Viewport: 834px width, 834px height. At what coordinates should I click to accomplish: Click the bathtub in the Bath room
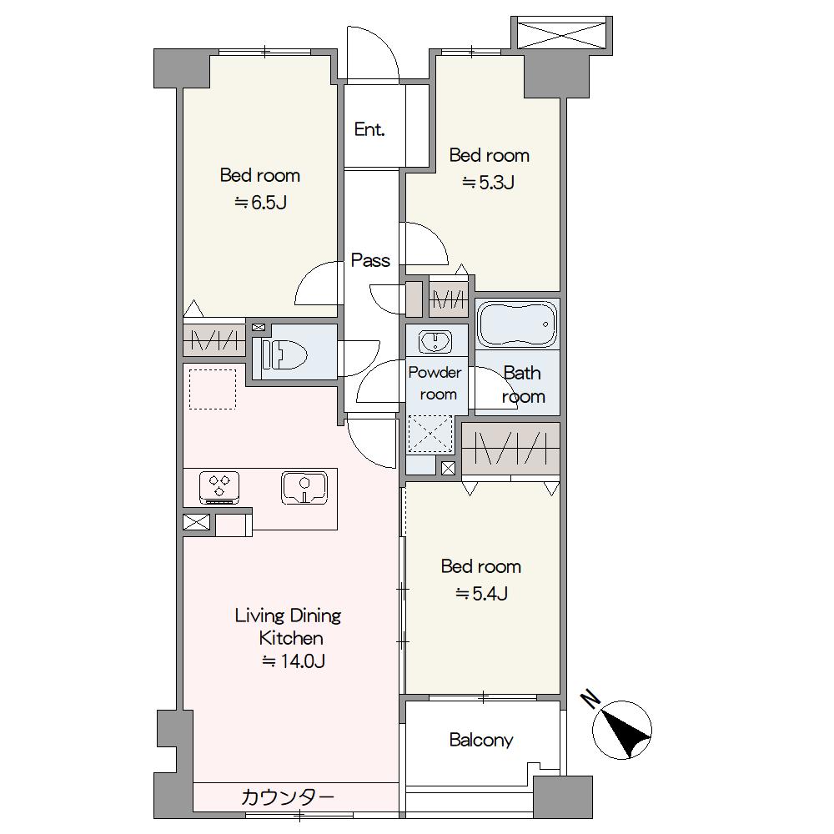[x=517, y=324]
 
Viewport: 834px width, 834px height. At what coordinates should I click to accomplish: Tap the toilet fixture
[x=284, y=353]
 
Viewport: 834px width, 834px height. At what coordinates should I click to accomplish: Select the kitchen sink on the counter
[x=304, y=488]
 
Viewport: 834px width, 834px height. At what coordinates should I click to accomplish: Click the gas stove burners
[x=219, y=487]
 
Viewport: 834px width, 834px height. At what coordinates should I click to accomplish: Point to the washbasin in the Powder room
[x=435, y=341]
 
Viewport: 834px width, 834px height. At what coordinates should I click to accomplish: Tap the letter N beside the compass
[x=590, y=700]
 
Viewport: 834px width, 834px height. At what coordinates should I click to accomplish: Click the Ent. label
[x=369, y=129]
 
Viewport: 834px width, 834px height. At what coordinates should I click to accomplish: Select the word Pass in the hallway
[x=371, y=260]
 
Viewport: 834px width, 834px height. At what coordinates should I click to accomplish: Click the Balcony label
[x=481, y=740]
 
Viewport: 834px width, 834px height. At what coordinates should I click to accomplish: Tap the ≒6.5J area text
[x=260, y=202]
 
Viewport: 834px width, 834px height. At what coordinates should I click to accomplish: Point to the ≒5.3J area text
[x=488, y=183]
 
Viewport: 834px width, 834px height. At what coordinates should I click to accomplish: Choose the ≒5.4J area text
[x=481, y=593]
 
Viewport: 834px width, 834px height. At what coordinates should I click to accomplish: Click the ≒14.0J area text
[x=293, y=661]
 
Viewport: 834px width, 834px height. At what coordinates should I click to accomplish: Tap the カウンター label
[x=287, y=796]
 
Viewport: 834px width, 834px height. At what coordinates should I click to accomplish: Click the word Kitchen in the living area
[x=291, y=638]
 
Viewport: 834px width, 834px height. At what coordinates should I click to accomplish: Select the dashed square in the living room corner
[x=213, y=389]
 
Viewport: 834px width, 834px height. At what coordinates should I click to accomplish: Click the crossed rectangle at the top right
[x=561, y=34]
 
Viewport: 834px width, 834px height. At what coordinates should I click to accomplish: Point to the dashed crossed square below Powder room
[x=430, y=434]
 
